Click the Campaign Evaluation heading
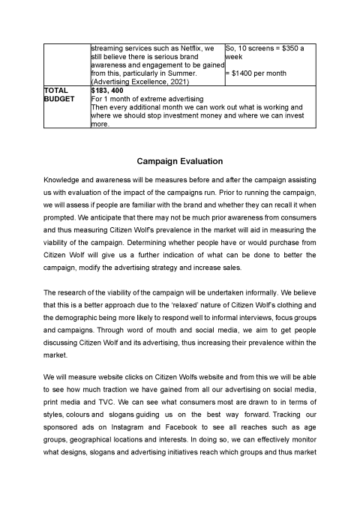pyautogui.click(x=180, y=160)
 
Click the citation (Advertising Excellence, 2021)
pyautogui.click(x=138, y=82)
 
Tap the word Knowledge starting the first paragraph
pyautogui.click(x=65, y=181)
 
